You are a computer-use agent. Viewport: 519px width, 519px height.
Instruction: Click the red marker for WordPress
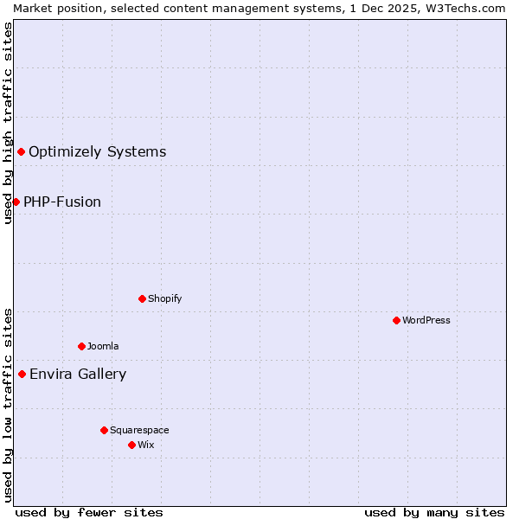point(396,320)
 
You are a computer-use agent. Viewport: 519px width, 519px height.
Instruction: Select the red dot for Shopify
point(142,298)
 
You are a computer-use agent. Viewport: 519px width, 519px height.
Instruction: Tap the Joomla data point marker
point(81,346)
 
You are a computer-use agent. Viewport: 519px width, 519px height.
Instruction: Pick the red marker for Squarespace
point(104,430)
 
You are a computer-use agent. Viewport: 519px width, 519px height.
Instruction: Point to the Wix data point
point(131,445)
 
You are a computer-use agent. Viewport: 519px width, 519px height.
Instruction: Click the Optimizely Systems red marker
point(21,152)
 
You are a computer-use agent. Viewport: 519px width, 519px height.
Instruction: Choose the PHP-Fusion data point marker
point(16,202)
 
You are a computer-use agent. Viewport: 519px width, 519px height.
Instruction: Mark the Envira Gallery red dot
point(22,374)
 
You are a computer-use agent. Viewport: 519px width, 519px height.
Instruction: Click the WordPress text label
point(426,320)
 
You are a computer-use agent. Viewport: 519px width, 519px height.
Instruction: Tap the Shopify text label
point(164,298)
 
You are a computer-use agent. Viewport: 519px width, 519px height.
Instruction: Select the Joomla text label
point(103,346)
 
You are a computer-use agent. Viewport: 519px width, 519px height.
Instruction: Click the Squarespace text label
point(139,430)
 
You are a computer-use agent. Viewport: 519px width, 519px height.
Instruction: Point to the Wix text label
point(146,445)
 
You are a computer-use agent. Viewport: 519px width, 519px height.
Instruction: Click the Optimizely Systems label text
point(97,152)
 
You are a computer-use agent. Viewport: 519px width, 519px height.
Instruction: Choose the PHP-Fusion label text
point(62,202)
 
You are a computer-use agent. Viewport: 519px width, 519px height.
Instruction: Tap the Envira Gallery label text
point(78,375)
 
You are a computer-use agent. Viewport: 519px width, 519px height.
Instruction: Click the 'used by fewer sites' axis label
point(89,512)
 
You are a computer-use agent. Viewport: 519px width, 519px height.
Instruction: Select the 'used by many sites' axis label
point(434,512)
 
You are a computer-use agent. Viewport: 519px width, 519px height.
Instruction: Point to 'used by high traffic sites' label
point(8,123)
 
